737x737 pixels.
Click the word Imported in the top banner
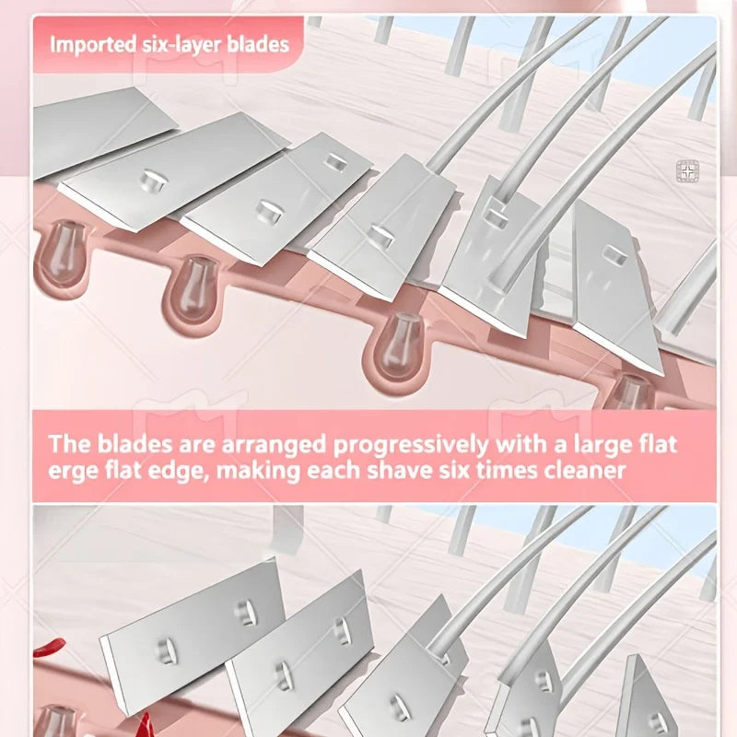[x=93, y=45]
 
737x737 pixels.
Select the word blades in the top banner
[x=258, y=44]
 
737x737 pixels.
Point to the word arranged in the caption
[x=274, y=445]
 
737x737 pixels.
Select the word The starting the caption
[x=70, y=444]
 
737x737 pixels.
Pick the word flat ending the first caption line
[x=659, y=444]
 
